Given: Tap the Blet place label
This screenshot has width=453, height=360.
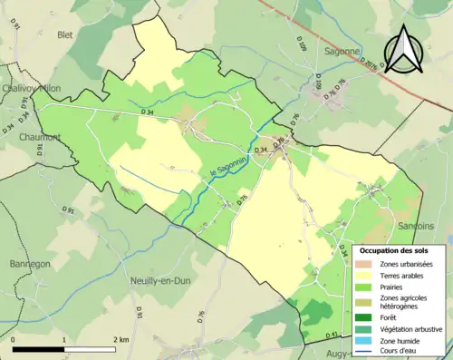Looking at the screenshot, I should tap(64, 35).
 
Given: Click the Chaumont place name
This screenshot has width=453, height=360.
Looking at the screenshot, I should tap(34, 138).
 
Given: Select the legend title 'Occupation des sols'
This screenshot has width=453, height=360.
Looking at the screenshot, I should tap(400, 248).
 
